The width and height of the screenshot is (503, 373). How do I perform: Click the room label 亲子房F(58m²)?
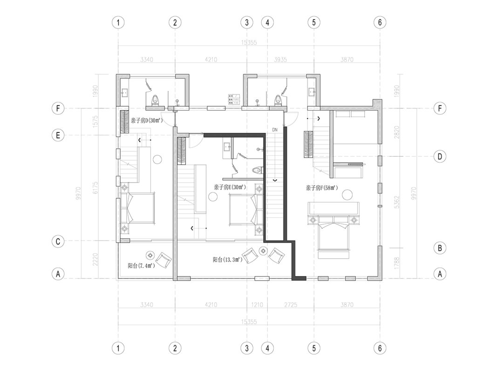(x=321, y=188)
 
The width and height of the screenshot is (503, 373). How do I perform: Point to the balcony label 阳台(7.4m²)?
(x=141, y=266)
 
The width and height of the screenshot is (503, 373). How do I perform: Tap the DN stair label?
(x=275, y=129)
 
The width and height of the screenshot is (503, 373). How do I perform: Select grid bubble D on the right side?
(x=439, y=157)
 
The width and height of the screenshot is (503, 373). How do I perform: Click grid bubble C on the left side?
(x=58, y=242)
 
